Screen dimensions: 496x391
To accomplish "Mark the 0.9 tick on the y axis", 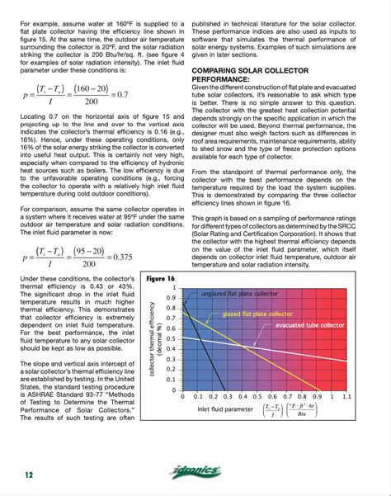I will pyautogui.click(x=171, y=296).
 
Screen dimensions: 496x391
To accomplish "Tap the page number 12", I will pyautogui.click(x=28, y=474).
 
